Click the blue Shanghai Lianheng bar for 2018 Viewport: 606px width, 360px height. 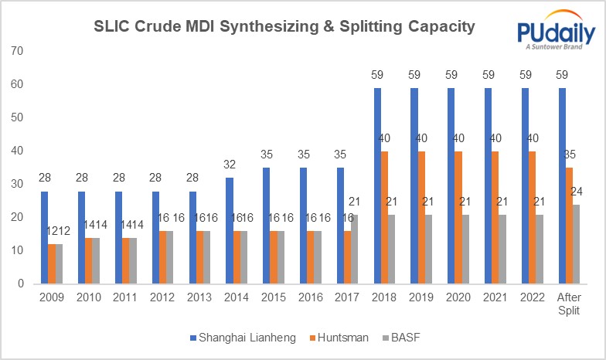point(378,185)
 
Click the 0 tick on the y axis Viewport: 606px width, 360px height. point(23,284)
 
